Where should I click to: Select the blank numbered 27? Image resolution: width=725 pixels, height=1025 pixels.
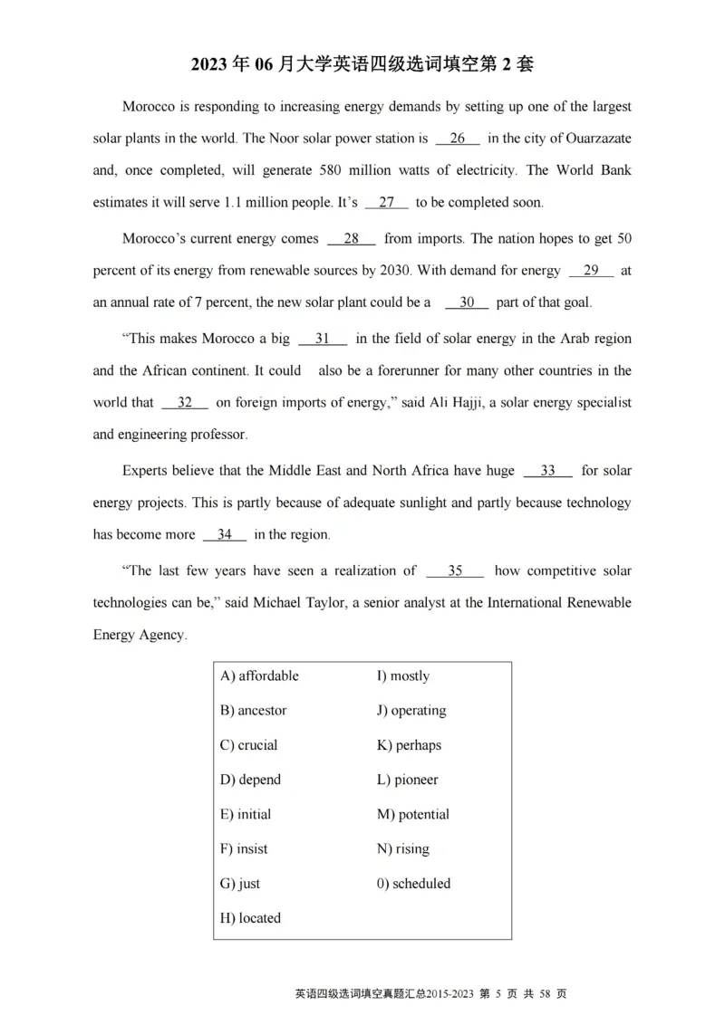(387, 203)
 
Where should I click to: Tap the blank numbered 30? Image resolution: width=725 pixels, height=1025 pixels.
(467, 302)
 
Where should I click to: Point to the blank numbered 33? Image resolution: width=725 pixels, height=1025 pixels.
(547, 471)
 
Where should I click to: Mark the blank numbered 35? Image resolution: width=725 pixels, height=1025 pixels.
(455, 570)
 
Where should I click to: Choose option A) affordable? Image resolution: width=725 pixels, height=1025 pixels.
(259, 676)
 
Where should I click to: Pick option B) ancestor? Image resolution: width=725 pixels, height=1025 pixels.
(253, 711)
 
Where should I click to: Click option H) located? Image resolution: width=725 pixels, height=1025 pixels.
(250, 917)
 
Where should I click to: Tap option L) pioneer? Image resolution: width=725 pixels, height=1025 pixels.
(407, 780)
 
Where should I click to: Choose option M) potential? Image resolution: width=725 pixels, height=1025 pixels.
(412, 814)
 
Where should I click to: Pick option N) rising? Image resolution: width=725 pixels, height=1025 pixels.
(402, 848)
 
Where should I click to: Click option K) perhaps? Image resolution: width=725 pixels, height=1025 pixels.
(409, 745)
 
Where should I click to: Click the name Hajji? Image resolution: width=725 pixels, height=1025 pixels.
(452, 402)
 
